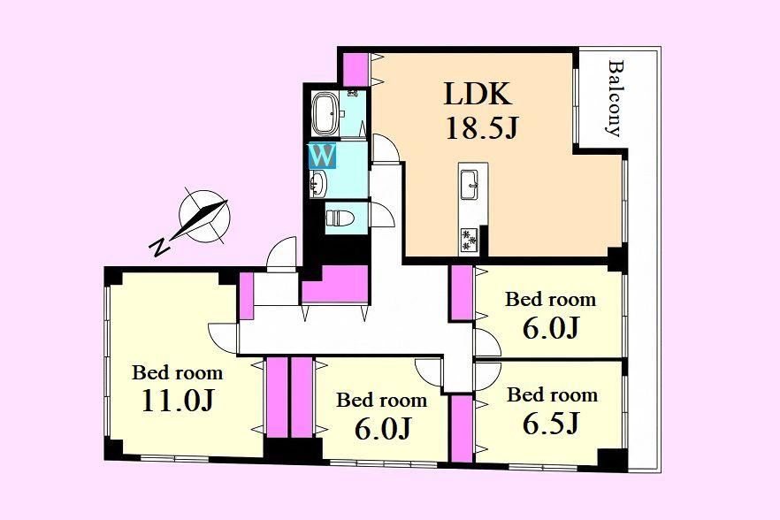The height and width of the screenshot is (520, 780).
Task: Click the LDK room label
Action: point(478,94)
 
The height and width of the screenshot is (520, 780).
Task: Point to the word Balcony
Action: point(616,98)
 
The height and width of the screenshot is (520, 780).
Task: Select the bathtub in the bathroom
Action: point(325,113)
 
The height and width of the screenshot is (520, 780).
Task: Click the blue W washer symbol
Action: point(323,156)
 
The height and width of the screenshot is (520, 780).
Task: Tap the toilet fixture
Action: point(340,218)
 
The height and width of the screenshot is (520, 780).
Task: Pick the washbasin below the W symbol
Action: point(318,184)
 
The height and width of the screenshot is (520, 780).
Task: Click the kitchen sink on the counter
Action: point(469,185)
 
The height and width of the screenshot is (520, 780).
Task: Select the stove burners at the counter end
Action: point(469,240)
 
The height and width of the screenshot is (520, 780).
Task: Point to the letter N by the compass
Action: point(159,247)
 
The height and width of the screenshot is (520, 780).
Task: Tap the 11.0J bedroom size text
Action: point(178,400)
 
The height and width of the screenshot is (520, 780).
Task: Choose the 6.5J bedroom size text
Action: point(551,423)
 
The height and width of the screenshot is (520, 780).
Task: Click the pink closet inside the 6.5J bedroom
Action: point(462,428)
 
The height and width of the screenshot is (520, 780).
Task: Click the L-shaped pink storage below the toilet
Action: point(335,284)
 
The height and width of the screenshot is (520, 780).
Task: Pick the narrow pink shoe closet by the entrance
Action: point(246,296)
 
